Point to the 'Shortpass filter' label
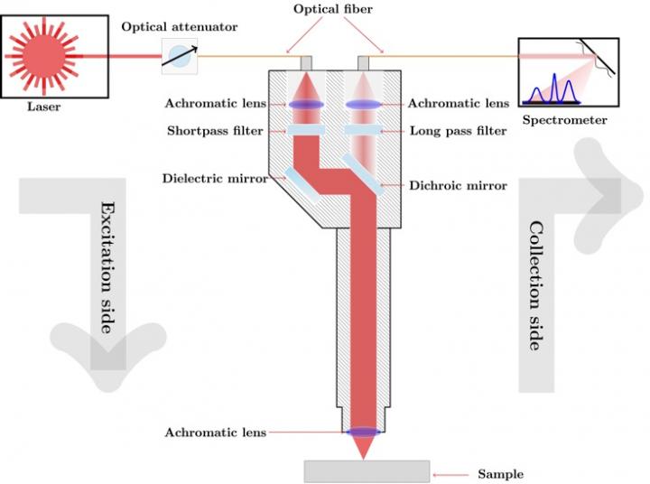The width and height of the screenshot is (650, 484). [x=215, y=131]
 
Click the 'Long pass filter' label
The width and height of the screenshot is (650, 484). [x=457, y=131]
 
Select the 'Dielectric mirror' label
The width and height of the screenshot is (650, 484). [x=215, y=179]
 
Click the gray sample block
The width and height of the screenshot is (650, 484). [x=367, y=470]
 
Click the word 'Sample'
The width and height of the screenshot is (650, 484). [x=501, y=474]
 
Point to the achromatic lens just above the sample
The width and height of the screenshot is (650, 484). [x=367, y=433]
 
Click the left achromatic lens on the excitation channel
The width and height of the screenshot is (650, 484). [x=306, y=106]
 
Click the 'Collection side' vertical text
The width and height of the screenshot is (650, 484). [x=535, y=285]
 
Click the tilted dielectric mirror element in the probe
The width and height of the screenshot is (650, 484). [x=301, y=184]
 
